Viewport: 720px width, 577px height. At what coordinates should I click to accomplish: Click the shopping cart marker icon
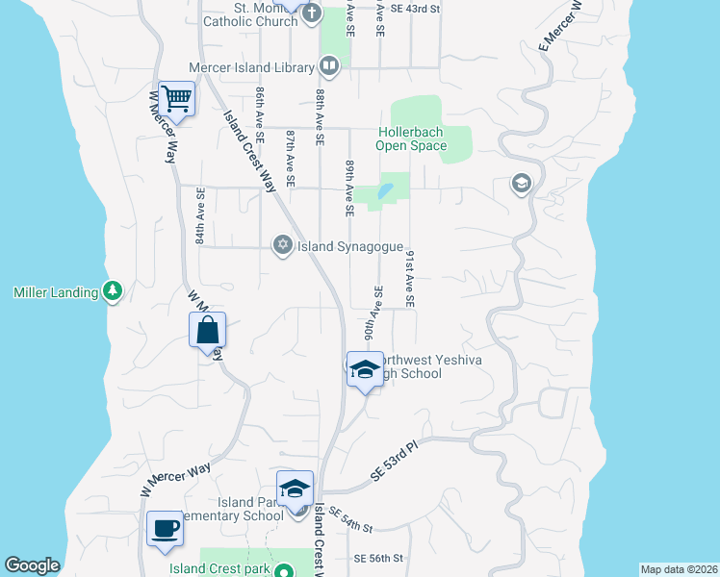tap(177, 97)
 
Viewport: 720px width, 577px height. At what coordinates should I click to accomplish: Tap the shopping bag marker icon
tap(208, 330)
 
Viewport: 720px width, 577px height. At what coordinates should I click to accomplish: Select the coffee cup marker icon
tap(165, 527)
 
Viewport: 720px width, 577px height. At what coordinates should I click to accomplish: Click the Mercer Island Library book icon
tap(329, 67)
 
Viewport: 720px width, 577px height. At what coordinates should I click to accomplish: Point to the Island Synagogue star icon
tap(282, 246)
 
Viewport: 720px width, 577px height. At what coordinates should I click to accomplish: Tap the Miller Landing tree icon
tap(113, 291)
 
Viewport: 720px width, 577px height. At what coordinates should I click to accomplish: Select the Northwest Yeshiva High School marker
tap(365, 369)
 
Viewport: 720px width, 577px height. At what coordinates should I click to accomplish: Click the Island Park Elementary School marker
tap(296, 488)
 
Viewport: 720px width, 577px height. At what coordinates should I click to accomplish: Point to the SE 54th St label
tap(349, 522)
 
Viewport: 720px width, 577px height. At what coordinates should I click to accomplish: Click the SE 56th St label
tap(377, 559)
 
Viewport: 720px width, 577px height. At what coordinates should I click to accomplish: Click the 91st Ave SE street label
tap(410, 279)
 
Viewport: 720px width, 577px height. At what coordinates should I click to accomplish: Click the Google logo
tap(32, 565)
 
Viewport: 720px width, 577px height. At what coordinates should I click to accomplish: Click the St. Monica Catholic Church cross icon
tap(311, 13)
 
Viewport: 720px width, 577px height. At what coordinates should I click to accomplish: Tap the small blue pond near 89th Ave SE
tap(385, 190)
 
